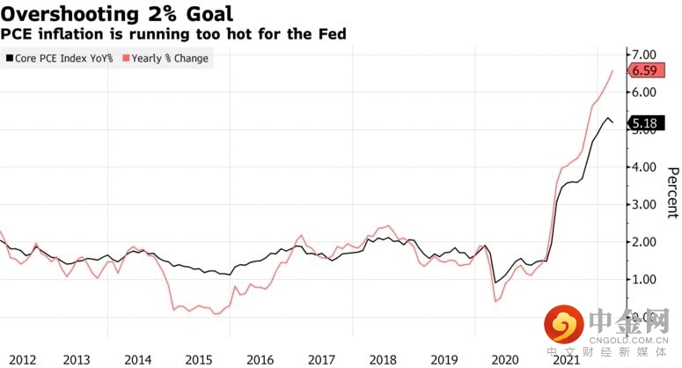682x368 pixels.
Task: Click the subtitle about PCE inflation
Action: (x=173, y=34)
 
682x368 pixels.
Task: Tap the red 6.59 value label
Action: (x=646, y=70)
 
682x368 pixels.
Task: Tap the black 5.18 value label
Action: (x=646, y=124)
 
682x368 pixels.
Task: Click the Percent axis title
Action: (x=672, y=192)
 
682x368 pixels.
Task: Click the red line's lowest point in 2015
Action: (x=216, y=314)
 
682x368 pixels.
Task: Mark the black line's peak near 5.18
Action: (x=605, y=116)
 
